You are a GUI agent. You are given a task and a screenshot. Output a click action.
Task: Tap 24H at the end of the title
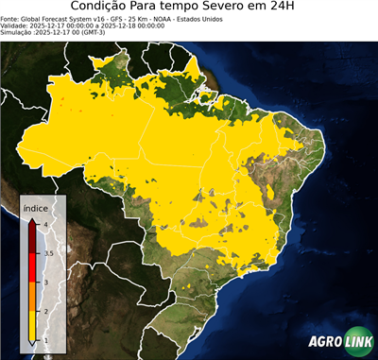point(289,9)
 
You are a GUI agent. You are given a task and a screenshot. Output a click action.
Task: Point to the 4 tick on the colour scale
point(44,224)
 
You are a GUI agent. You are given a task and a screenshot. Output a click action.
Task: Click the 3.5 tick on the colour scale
point(47,253)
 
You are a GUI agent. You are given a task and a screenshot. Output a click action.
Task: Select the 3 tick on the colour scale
point(44,282)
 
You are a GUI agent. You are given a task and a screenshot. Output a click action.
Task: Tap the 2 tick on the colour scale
point(44,311)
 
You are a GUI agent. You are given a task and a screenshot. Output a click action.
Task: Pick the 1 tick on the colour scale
point(44,341)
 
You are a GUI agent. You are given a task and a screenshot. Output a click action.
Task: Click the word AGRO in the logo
point(324,341)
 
